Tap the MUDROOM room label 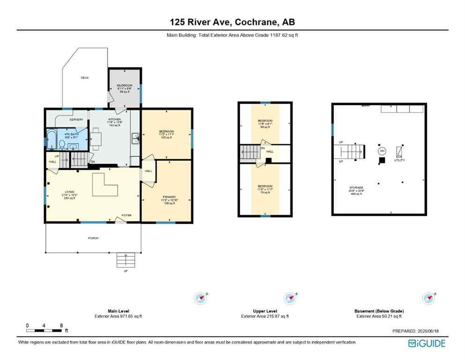(x=124, y=86)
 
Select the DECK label (x=85, y=78)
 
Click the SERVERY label (x=76, y=120)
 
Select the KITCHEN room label (x=114, y=120)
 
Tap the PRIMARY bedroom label (x=169, y=197)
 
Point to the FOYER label (x=126, y=215)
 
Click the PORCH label (x=93, y=238)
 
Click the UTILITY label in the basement (x=399, y=160)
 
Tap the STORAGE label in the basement (x=356, y=187)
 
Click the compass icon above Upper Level (x=289, y=298)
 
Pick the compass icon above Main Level (x=201, y=298)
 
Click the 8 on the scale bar (x=61, y=325)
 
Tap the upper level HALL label (x=270, y=151)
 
